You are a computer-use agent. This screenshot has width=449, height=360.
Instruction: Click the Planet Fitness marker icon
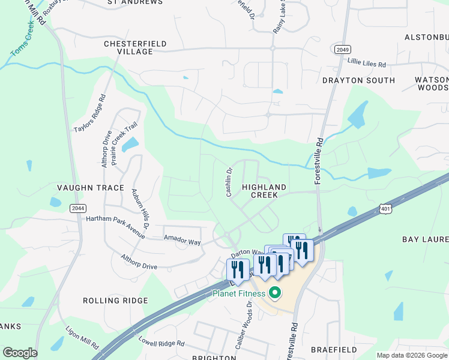pyautogui.click(x=275, y=293)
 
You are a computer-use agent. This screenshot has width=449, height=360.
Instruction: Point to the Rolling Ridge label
pyautogui.click(x=115, y=301)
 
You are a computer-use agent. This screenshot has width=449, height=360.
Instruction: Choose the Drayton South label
pyautogui.click(x=358, y=80)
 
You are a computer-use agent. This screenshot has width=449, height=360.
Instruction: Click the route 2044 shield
pyautogui.click(x=77, y=208)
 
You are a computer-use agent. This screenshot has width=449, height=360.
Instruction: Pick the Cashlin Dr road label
pyautogui.click(x=229, y=182)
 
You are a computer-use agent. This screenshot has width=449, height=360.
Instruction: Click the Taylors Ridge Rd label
pyautogui.click(x=90, y=113)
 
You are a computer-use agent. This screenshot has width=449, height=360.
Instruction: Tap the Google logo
pyautogui.click(x=20, y=353)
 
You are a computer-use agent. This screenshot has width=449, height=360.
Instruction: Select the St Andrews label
pyautogui.click(x=135, y=2)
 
